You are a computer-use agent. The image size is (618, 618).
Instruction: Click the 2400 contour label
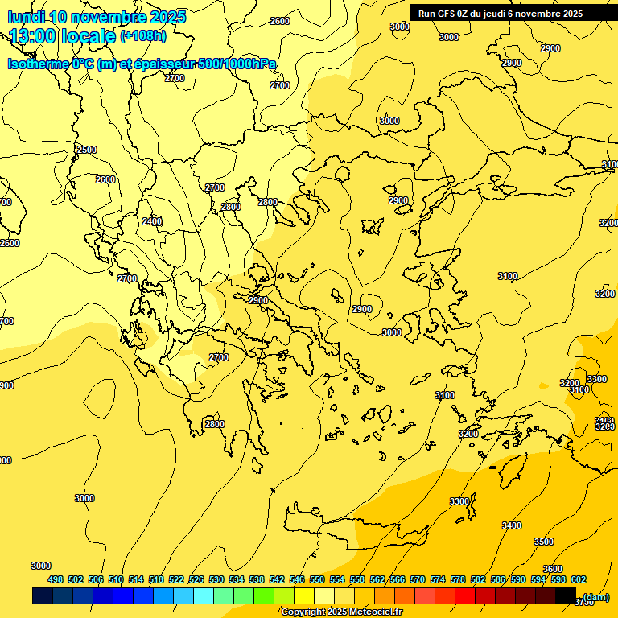coord(151,221)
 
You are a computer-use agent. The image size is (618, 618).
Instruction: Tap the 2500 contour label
coord(87,150)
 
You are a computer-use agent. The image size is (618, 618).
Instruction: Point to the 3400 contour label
coord(512,525)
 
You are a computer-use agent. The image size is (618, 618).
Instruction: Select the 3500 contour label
coord(544,542)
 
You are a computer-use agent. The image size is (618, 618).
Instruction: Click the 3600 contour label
coord(553,569)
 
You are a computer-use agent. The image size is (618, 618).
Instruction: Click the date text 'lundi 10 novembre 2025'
coord(97,17)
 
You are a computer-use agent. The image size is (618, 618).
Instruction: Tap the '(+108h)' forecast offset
coord(143,36)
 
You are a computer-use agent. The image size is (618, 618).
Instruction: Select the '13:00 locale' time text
coord(62,36)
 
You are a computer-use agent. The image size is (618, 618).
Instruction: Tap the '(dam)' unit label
coord(596,597)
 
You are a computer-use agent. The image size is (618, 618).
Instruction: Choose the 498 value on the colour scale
coord(56,579)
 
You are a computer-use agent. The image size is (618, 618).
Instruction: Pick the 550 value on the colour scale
coord(317,579)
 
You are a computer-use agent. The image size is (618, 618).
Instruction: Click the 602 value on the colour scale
coord(579,579)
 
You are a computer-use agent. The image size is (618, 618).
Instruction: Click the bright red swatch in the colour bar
coord(464,596)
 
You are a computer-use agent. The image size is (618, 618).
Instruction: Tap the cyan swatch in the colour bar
coord(203,596)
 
